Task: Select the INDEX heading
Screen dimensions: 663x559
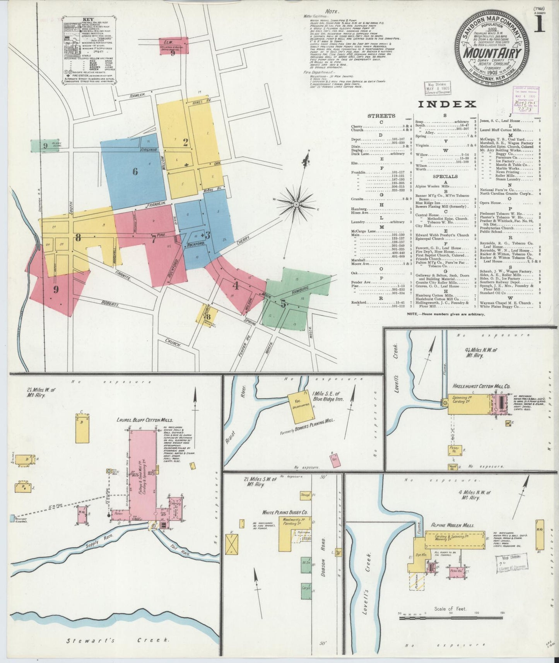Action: (446, 104)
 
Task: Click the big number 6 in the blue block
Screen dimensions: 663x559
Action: (135, 171)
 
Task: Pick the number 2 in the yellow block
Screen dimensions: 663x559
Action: (186, 142)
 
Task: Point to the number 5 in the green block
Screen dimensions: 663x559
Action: (284, 304)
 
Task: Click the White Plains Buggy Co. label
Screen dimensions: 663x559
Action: (285, 512)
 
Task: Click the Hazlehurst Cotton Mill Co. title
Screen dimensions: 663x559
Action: (481, 386)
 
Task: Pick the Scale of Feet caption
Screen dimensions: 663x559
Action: (450, 608)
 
